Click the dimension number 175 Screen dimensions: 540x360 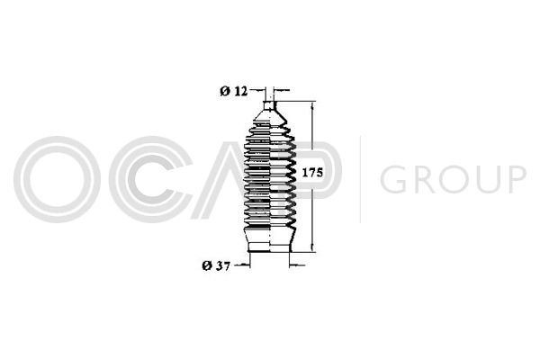pos(312,172)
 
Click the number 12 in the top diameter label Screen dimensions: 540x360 pos(241,91)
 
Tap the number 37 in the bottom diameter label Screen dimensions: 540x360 pos(223,265)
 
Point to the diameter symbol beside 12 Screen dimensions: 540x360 pos(225,91)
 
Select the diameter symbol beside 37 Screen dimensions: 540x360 pos(207,265)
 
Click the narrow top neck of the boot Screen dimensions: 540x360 pos(270,105)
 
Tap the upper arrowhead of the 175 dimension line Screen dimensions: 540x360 pos(312,105)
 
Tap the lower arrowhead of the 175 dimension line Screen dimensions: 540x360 pos(312,247)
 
